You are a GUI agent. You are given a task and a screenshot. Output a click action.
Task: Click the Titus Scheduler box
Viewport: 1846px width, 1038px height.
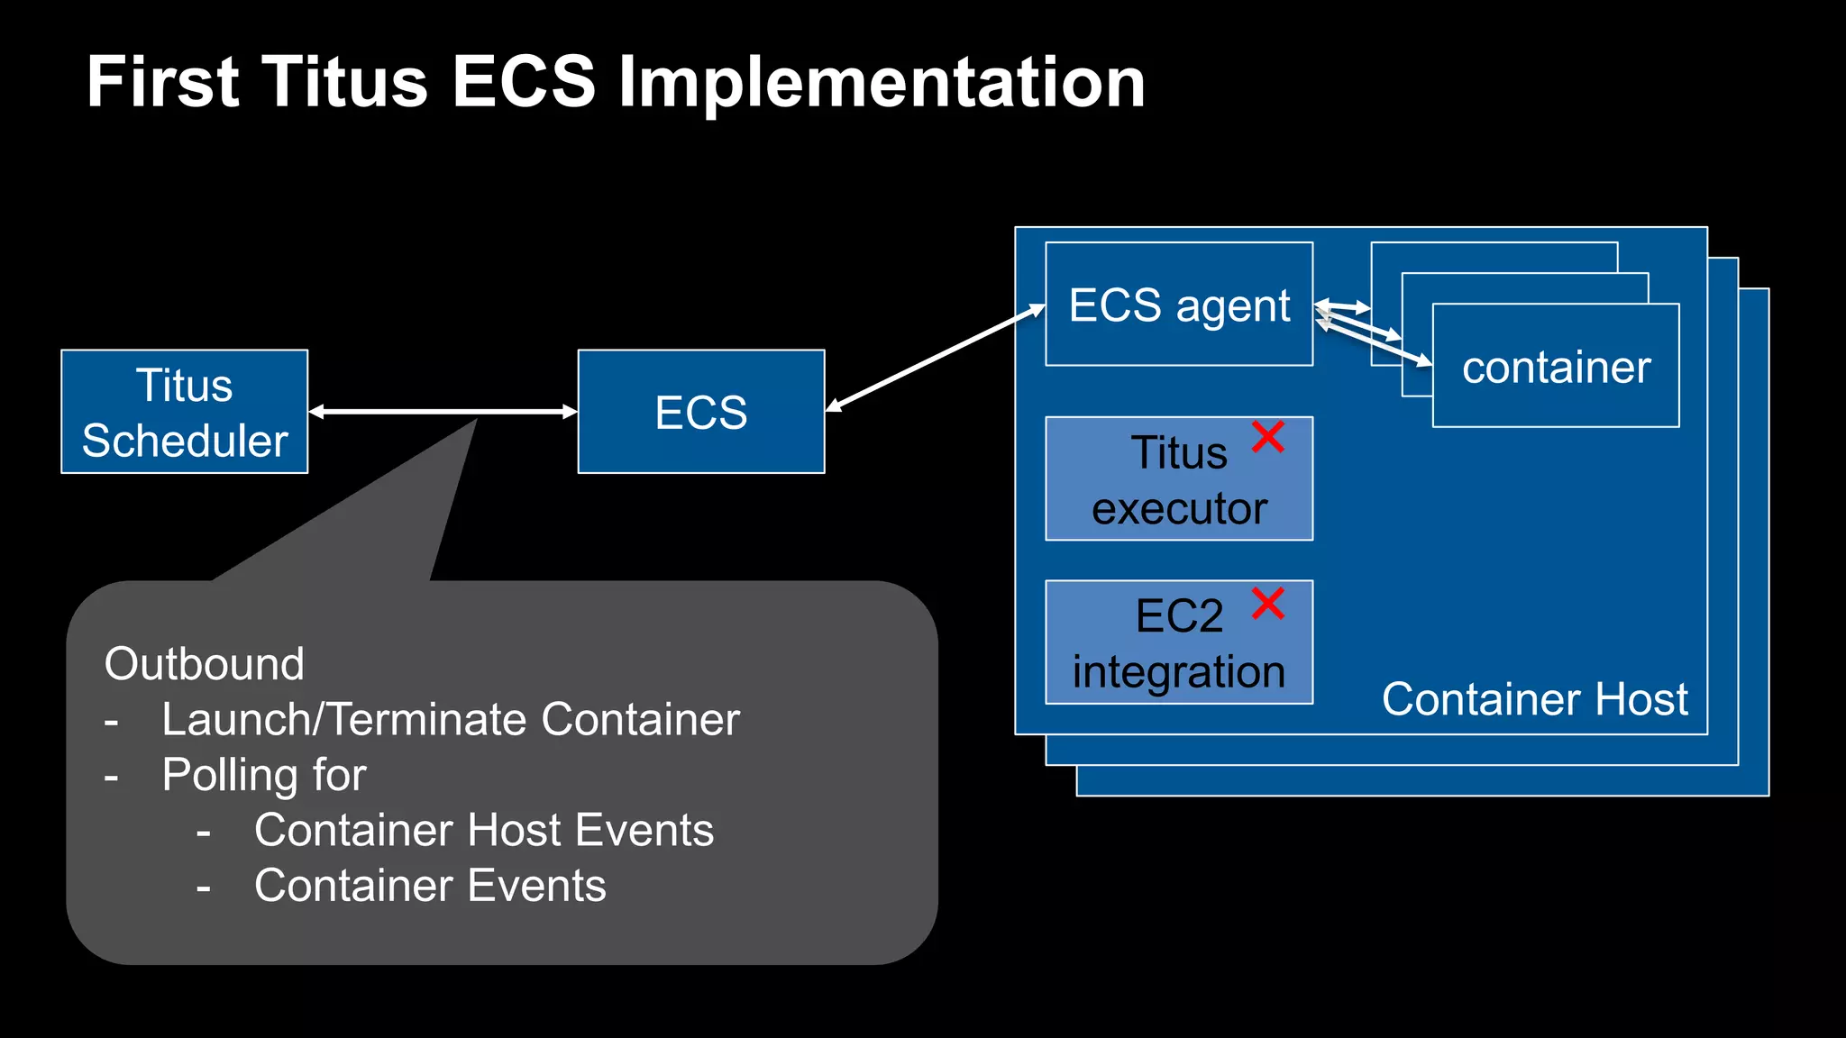pyautogui.click(x=184, y=412)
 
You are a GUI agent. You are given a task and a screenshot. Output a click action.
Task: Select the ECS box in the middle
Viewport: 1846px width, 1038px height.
pyautogui.click(x=700, y=412)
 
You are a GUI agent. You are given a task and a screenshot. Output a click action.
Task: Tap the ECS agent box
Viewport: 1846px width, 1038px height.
pyautogui.click(x=1178, y=305)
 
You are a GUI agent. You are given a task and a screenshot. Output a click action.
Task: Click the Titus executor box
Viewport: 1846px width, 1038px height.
pyautogui.click(x=1178, y=479)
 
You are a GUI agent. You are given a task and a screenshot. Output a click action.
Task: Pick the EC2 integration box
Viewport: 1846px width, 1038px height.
pyautogui.click(x=1178, y=643)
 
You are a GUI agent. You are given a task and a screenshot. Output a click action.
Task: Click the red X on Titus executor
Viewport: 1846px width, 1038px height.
pyautogui.click(x=1267, y=437)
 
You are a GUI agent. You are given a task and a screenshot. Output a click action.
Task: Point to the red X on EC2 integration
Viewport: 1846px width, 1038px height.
pyautogui.click(x=1267, y=603)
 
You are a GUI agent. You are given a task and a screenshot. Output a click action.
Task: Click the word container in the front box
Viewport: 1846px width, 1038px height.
pyautogui.click(x=1556, y=368)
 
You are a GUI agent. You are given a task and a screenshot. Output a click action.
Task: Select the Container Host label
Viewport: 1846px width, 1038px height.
pyautogui.click(x=1534, y=699)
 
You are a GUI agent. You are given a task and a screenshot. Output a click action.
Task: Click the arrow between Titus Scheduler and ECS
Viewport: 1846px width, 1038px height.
pyautogui.click(x=442, y=412)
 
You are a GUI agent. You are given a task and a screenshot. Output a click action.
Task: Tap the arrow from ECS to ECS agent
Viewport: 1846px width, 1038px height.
pyautogui.click(x=934, y=359)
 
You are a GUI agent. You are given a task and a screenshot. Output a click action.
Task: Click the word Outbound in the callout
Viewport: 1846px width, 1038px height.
pyautogui.click(x=204, y=664)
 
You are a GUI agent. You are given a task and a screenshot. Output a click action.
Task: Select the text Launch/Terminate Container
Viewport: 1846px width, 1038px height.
pyautogui.click(x=450, y=719)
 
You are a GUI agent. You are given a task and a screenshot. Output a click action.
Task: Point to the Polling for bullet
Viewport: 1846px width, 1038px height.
pyautogui.click(x=263, y=775)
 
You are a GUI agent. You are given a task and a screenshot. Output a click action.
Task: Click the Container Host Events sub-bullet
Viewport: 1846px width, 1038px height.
pyautogui.click(x=483, y=830)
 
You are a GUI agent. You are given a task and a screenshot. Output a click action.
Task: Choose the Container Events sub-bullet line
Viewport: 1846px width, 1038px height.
pyautogui.click(x=429, y=886)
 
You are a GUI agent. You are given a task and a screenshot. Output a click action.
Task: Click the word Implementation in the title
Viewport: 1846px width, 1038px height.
pyautogui.click(x=882, y=83)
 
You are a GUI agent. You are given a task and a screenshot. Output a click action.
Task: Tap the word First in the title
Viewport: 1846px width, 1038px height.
pyautogui.click(x=162, y=83)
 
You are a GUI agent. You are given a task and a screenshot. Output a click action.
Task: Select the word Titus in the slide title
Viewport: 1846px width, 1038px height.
pyautogui.click(x=345, y=83)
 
